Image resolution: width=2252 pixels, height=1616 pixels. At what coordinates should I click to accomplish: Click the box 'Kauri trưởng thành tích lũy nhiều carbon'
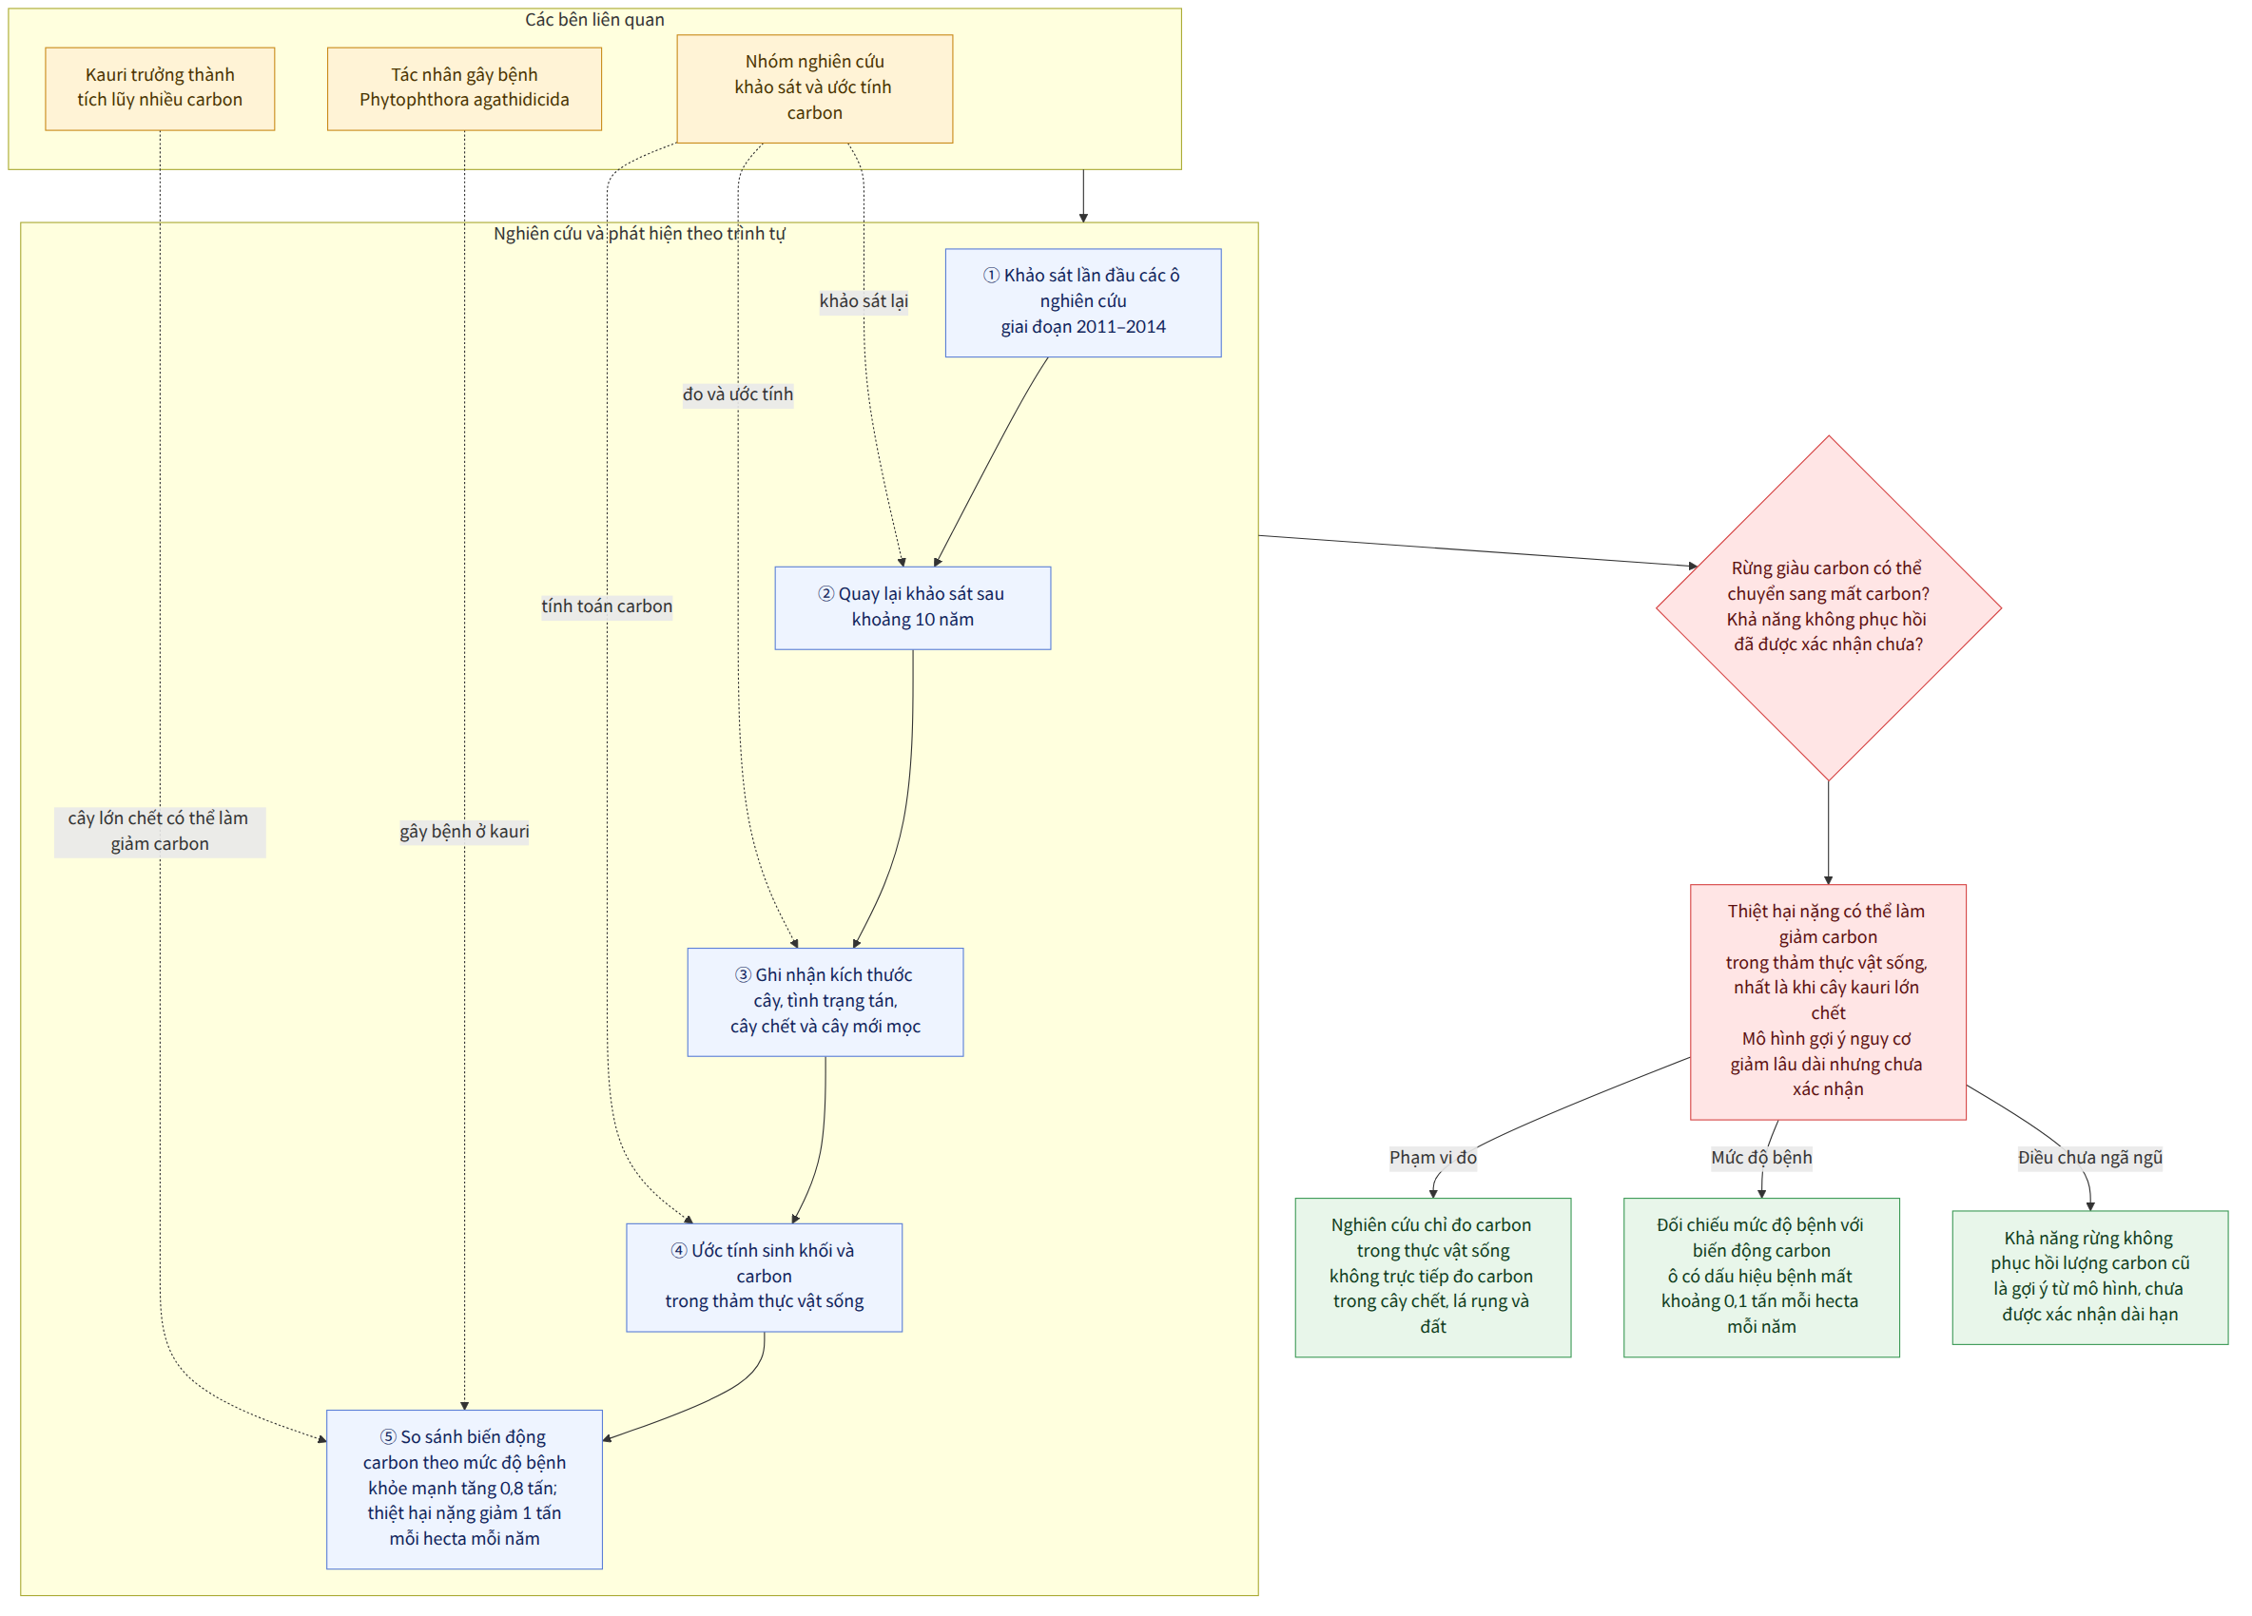(160, 88)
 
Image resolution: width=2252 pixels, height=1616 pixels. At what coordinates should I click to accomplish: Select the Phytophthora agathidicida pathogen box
(464, 88)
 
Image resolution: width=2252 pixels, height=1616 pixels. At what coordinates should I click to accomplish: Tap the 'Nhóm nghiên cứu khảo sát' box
(814, 88)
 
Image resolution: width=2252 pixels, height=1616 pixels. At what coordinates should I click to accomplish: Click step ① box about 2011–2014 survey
(1083, 302)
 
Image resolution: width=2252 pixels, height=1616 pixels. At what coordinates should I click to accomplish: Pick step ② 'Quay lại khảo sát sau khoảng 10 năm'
(913, 607)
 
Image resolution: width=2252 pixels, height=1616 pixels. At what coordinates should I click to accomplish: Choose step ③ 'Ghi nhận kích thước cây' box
(825, 1002)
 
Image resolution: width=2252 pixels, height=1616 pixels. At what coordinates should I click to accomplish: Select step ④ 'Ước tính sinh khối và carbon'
(764, 1277)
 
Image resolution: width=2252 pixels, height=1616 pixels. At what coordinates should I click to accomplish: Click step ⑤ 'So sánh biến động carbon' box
(464, 1489)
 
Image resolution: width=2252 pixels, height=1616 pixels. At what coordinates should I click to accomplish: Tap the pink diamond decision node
(1828, 607)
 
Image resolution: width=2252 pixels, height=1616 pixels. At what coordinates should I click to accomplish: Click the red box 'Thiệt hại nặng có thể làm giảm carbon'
(1828, 1002)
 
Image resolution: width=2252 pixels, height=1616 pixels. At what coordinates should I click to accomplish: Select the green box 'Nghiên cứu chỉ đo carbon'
(1433, 1277)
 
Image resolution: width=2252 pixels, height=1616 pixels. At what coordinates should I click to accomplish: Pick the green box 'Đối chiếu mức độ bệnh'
(1761, 1277)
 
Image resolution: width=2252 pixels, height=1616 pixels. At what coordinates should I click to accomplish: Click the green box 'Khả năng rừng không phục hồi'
(2090, 1277)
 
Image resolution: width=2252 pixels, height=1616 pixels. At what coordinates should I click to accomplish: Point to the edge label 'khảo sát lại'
(864, 300)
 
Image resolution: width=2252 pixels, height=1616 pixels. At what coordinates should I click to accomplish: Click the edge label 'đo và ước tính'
(738, 394)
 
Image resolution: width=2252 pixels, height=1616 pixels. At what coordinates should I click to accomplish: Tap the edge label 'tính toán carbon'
(607, 606)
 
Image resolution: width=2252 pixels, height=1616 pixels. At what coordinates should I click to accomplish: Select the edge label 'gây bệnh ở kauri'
(464, 831)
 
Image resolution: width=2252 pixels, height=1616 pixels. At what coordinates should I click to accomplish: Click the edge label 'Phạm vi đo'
(1433, 1158)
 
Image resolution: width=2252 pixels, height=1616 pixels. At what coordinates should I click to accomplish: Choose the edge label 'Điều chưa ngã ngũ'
(2090, 1158)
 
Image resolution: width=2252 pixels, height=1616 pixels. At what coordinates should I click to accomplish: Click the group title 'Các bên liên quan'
(594, 20)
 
